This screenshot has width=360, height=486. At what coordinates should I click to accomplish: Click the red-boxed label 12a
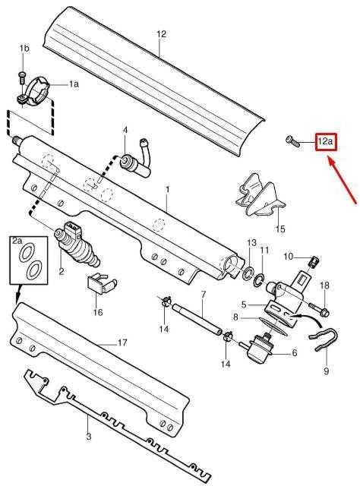tap(326, 142)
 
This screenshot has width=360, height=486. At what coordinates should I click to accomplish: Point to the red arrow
tap(342, 180)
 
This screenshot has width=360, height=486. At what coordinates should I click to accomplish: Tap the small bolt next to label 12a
tap(293, 141)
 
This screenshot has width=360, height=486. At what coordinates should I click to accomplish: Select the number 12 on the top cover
tap(162, 33)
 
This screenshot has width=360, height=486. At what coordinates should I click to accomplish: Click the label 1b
tap(24, 49)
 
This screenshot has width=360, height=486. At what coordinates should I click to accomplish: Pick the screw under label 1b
tap(22, 77)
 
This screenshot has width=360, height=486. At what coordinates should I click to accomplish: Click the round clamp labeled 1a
tap(34, 91)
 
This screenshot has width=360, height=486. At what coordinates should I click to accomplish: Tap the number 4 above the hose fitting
tap(125, 130)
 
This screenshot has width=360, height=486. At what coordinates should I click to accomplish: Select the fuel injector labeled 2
tap(77, 243)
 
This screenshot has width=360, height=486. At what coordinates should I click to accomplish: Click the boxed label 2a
tap(17, 240)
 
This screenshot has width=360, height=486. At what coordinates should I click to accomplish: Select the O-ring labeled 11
tap(259, 279)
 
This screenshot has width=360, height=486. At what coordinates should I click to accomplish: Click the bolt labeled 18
tap(320, 310)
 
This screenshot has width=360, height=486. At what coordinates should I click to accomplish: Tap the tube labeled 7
tap(197, 319)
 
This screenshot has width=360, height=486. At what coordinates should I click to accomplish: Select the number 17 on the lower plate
tap(122, 342)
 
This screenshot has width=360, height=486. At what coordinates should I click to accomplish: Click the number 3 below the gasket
tap(89, 437)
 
